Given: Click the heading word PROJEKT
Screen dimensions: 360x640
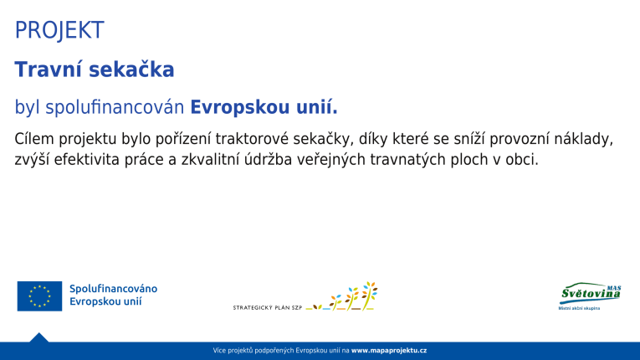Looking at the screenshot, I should pos(59,31).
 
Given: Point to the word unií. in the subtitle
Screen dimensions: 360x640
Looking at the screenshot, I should pos(316,108).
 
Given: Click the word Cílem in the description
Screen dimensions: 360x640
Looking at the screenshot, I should pos(33,138).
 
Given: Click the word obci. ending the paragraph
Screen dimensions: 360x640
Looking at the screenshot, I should pos(520,160).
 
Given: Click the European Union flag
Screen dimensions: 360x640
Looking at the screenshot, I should pos(39,296).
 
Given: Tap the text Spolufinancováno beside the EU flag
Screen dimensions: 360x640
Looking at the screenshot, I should pos(113,289).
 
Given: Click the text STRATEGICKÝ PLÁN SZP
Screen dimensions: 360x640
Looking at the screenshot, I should pos(267,308).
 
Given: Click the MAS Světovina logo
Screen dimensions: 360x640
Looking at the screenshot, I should pos(590,296).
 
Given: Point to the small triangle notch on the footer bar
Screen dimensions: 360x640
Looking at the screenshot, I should pos(38,337).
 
